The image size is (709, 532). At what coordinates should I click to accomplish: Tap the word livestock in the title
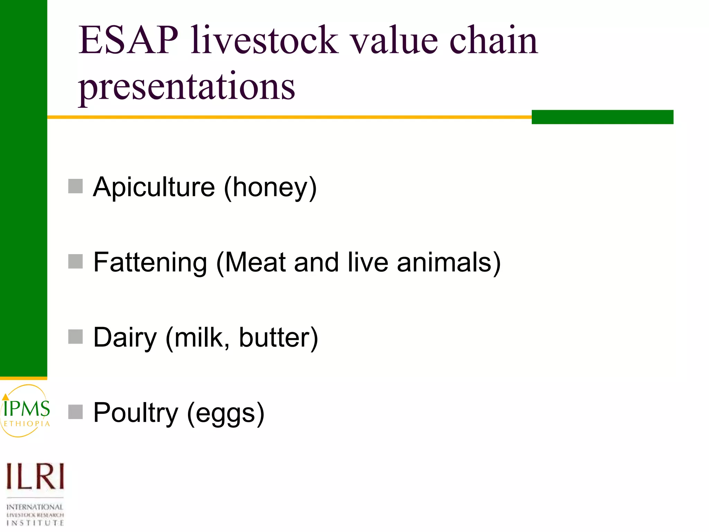(265, 41)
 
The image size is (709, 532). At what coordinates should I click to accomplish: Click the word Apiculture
(154, 187)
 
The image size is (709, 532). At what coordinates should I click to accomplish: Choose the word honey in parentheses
(270, 187)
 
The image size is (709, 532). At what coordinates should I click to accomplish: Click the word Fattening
(150, 262)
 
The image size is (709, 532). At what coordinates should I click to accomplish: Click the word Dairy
(125, 338)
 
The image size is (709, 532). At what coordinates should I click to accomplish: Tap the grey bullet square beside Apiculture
(75, 186)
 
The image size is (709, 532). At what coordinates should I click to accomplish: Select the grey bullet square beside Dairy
(75, 337)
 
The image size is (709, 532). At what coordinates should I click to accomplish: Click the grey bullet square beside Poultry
(75, 412)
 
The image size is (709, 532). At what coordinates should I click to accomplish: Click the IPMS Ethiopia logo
(26, 411)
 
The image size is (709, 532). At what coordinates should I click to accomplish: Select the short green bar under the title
(602, 117)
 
